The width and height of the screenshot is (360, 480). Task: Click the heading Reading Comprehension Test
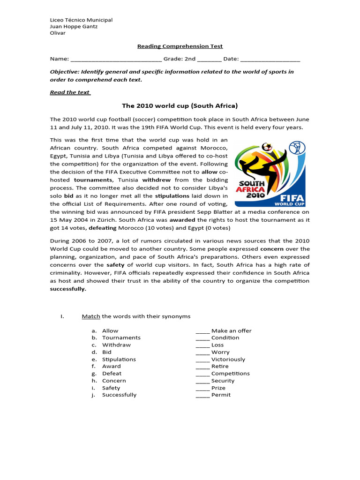coord(180,46)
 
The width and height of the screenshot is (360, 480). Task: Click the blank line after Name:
coord(116,60)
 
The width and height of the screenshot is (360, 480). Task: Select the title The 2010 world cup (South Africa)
coord(180,105)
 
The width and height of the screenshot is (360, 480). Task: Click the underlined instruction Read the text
coord(70,92)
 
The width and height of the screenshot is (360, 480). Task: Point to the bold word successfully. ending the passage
coord(68,289)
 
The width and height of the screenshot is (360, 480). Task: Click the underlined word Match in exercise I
coord(91,316)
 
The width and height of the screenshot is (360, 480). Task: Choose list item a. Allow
coord(110,330)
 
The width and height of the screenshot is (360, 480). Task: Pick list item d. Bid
coord(107,352)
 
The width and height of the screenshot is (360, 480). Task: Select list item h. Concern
coord(114,381)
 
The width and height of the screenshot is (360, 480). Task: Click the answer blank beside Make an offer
coord(202,331)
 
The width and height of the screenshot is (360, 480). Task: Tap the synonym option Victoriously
coord(228,360)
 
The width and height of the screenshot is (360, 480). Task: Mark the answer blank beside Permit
coord(202,396)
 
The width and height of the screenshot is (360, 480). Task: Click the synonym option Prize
coord(218,388)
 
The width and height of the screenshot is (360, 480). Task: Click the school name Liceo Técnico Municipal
coord(81,20)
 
